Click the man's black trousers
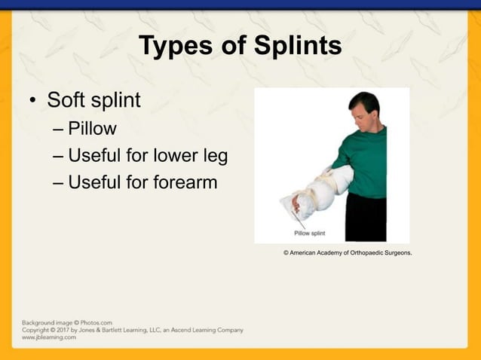[x=366, y=218]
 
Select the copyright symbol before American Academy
[x=286, y=254]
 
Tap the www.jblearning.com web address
[x=49, y=337]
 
